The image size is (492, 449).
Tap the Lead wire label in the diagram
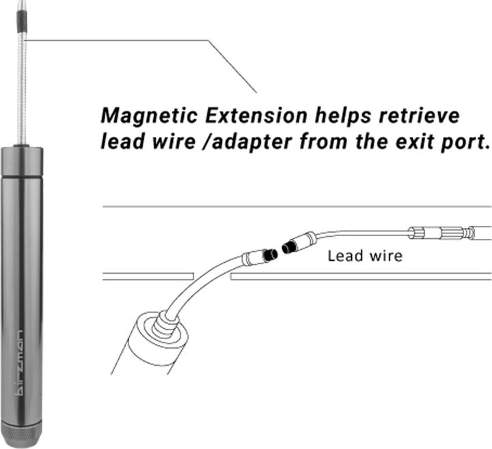pyautogui.click(x=364, y=257)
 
